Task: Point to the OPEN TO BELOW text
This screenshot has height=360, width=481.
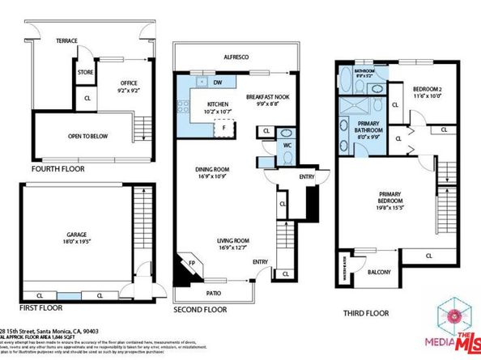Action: click(88, 136)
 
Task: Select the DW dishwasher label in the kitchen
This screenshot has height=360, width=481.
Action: click(218, 83)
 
